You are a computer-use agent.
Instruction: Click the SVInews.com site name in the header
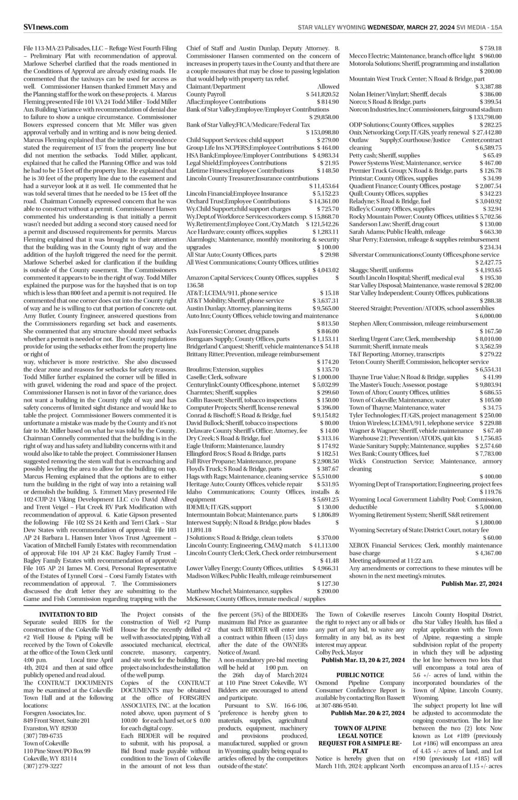pos(46,27)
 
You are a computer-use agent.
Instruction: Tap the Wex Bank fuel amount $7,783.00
pos(488,454)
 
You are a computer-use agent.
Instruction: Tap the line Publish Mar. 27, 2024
pos(471,583)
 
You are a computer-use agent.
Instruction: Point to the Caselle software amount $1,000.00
pos(326,377)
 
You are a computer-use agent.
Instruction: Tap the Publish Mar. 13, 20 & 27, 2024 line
pos(363,660)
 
